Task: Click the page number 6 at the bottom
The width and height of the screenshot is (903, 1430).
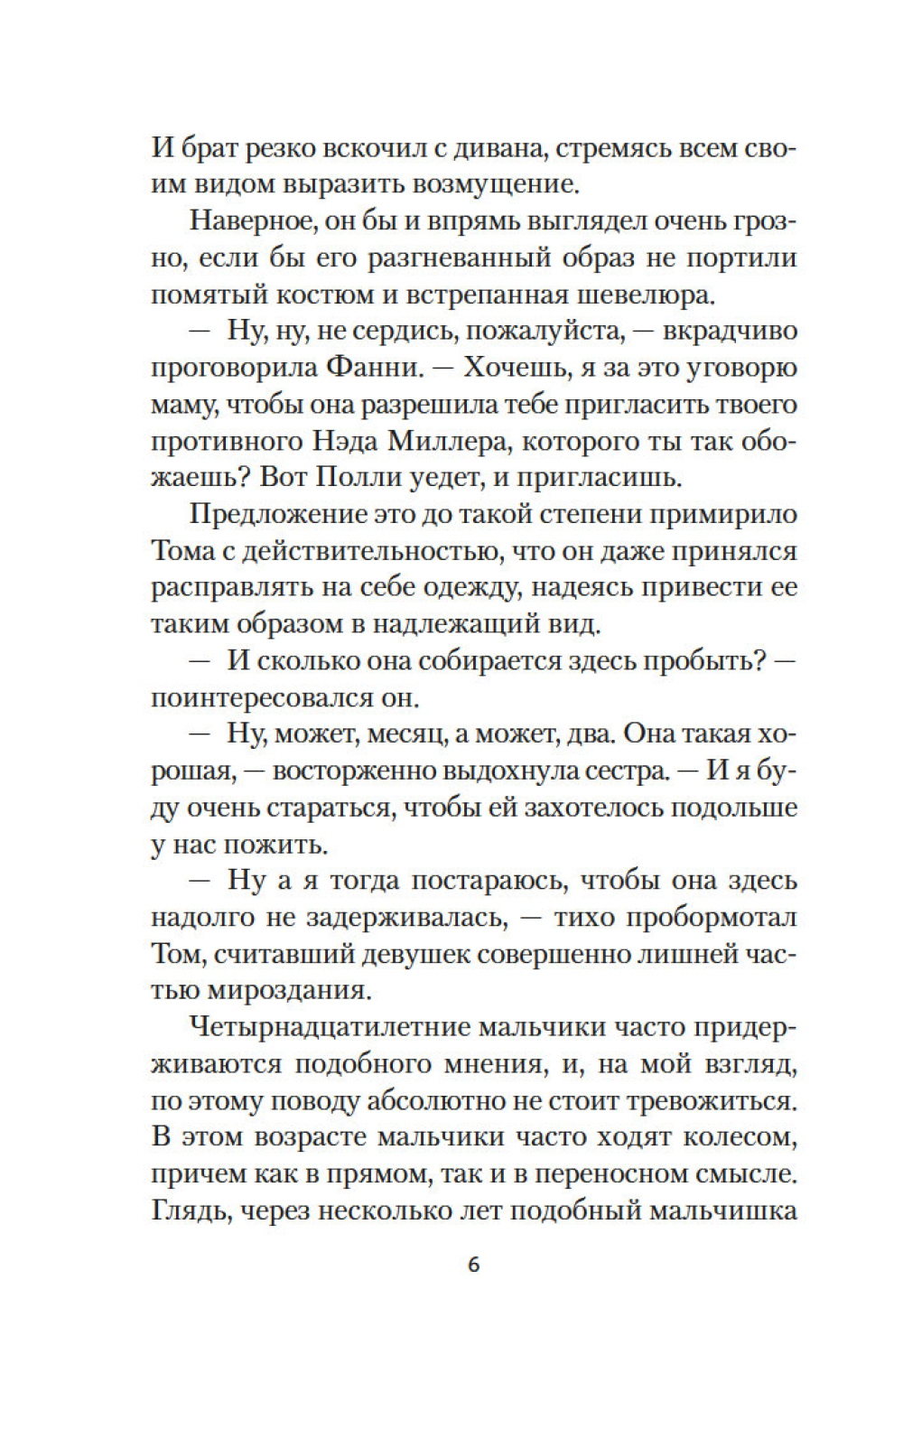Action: tap(474, 1265)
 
